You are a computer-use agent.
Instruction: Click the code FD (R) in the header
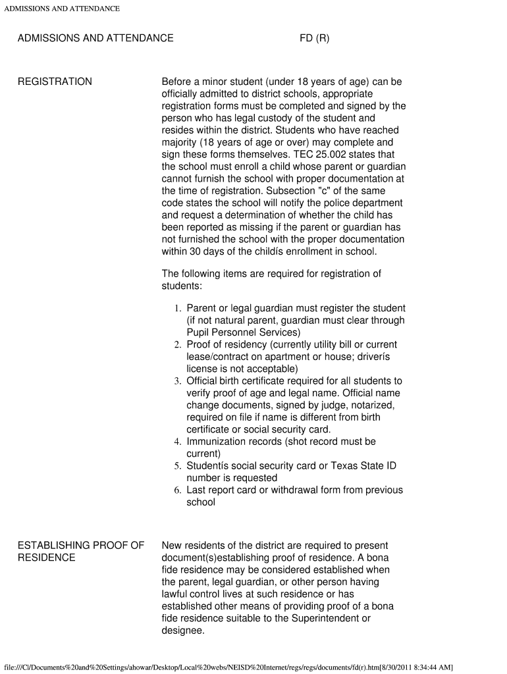314,38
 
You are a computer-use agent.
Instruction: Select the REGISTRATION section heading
55,82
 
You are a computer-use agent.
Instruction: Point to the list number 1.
177,309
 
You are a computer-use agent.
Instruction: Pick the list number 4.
177,442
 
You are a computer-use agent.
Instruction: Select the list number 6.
177,490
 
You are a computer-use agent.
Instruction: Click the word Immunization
216,442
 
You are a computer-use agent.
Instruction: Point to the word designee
182,631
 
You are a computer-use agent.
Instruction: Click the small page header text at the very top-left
62,9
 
